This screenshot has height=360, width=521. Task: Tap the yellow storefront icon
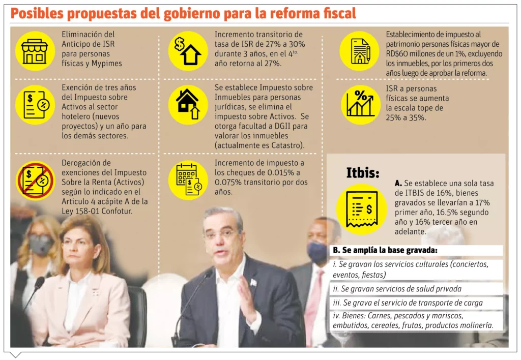click(x=35, y=51)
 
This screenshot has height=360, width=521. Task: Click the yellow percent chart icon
click(x=360, y=105)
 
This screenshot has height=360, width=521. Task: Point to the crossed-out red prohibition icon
click(x=35, y=179)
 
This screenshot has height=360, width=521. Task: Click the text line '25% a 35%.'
click(x=406, y=117)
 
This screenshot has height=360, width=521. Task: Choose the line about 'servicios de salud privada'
click(x=396, y=289)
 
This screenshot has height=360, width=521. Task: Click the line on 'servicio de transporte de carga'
click(x=407, y=303)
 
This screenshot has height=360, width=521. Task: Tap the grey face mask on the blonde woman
click(x=41, y=245)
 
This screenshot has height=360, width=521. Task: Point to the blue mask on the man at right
click(x=316, y=252)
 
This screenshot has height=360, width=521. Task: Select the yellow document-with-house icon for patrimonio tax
click(x=359, y=51)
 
